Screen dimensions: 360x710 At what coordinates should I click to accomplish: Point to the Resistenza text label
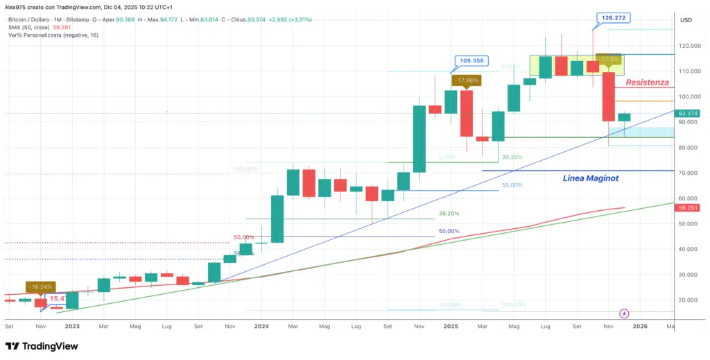pyautogui.click(x=647, y=83)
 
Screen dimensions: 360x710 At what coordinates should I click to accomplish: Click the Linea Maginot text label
pyautogui.click(x=589, y=178)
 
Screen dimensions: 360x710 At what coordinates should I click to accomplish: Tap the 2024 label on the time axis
pyautogui.click(x=261, y=325)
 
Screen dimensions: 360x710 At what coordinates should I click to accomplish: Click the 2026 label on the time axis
pyautogui.click(x=639, y=325)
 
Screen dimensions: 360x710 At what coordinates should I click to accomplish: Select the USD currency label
pyautogui.click(x=686, y=20)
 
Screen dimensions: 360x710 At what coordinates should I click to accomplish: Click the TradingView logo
pyautogui.click(x=42, y=346)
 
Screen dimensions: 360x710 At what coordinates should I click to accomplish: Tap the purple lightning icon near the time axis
pyautogui.click(x=624, y=314)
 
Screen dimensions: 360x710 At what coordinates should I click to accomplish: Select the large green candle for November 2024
pyautogui.click(x=419, y=139)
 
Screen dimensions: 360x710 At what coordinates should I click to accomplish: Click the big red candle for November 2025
pyautogui.click(x=608, y=96)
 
